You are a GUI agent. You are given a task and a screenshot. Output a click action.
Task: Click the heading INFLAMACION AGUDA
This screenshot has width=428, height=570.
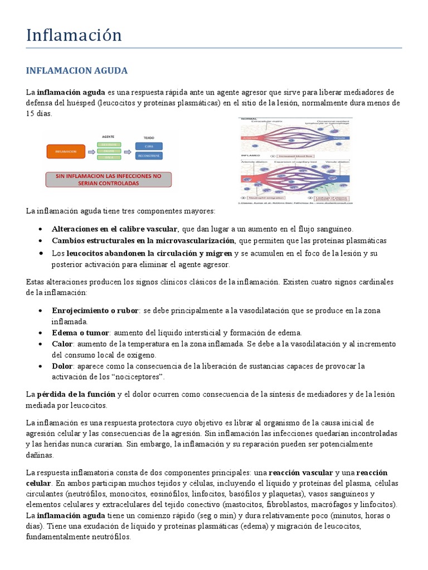[77, 71]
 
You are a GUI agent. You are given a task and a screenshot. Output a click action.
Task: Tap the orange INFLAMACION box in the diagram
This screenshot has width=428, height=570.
[66, 151]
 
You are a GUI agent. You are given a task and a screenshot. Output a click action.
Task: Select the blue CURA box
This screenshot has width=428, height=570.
[149, 146]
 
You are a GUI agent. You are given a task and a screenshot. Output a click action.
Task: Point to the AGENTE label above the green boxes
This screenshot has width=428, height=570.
[108, 136]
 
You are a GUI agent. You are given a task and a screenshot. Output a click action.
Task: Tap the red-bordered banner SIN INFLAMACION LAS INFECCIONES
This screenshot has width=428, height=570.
[109, 179]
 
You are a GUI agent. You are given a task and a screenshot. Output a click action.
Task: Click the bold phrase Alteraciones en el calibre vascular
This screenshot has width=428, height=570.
[115, 229]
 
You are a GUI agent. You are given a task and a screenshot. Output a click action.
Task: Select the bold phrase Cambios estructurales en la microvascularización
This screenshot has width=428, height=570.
[144, 240]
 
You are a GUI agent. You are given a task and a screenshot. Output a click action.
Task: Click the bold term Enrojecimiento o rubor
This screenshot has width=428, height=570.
[95, 310]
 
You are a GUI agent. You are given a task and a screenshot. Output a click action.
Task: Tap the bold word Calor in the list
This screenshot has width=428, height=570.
[62, 343]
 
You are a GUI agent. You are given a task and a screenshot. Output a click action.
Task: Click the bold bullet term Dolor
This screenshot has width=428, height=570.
[62, 366]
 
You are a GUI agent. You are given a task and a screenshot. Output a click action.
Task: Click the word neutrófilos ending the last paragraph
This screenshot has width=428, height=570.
[106, 537]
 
